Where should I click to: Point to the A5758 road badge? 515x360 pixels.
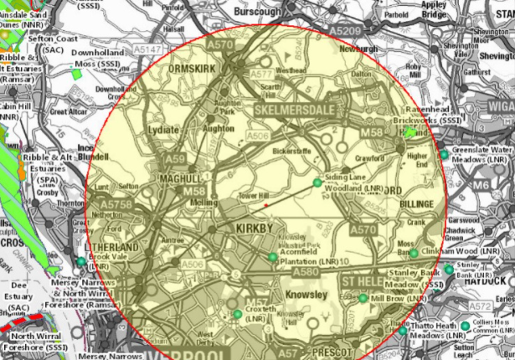pyautogui.click(x=116, y=203)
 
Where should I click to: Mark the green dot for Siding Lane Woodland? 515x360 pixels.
pyautogui.click(x=317, y=183)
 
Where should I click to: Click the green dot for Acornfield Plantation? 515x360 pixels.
pyautogui.click(x=272, y=256)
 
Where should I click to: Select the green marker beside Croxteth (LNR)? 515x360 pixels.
pyautogui.click(x=234, y=316)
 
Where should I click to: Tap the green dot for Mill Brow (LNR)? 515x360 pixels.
pyautogui.click(x=362, y=298)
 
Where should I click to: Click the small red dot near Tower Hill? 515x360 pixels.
pyautogui.click(x=265, y=204)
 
